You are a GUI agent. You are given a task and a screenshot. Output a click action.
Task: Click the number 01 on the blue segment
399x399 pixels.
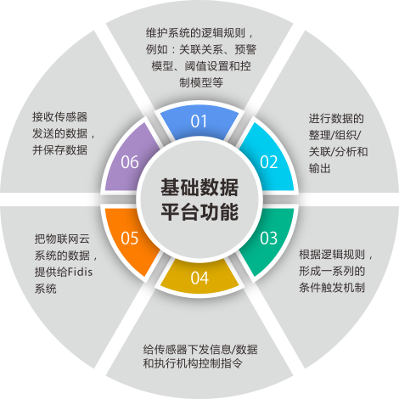click(199, 121)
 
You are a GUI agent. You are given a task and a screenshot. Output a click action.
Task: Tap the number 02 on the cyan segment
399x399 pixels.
click(269, 162)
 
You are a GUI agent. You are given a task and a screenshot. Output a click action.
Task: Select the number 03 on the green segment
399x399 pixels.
click(269, 238)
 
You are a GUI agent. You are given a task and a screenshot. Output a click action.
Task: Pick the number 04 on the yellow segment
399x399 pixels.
click(199, 278)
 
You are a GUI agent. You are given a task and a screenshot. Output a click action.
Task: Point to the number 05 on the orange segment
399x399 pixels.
click(130, 238)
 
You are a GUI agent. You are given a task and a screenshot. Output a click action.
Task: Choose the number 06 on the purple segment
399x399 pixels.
click(130, 162)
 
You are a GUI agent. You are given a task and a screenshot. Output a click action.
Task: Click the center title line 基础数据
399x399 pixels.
click(199, 187)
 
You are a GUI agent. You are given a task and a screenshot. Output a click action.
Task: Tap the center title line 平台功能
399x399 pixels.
click(199, 211)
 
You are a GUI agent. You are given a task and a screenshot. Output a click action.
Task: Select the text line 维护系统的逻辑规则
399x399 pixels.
click(195, 33)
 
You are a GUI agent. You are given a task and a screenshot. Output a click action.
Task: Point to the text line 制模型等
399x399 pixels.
click(201, 82)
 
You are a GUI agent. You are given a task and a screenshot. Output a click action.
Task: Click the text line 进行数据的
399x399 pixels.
click(336, 118)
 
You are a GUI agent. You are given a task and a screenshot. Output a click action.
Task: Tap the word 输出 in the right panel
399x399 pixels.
click(320, 168)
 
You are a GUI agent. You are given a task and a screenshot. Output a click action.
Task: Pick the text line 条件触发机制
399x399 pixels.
click(332, 288)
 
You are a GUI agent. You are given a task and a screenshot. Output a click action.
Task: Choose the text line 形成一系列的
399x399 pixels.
click(332, 271)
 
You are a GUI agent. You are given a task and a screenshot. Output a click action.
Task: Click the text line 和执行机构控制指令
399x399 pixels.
click(193, 363)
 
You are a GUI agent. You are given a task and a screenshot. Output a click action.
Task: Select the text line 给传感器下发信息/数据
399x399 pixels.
click(200, 349)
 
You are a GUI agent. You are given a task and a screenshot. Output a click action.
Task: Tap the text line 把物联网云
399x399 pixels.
click(62, 239)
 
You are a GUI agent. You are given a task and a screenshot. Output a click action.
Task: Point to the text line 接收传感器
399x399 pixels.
click(59, 116)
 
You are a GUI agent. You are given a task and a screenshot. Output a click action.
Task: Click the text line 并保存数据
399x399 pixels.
click(59, 149)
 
